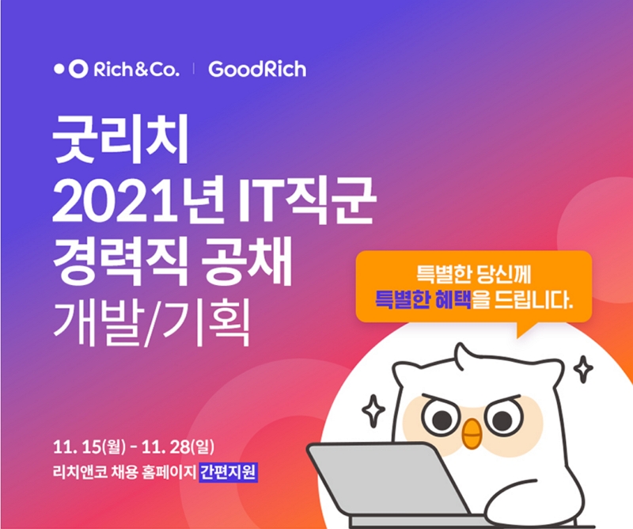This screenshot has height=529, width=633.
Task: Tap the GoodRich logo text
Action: [x=256, y=69]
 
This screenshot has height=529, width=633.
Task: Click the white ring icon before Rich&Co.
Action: [x=78, y=69]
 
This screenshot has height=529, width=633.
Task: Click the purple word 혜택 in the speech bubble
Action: [x=452, y=301]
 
